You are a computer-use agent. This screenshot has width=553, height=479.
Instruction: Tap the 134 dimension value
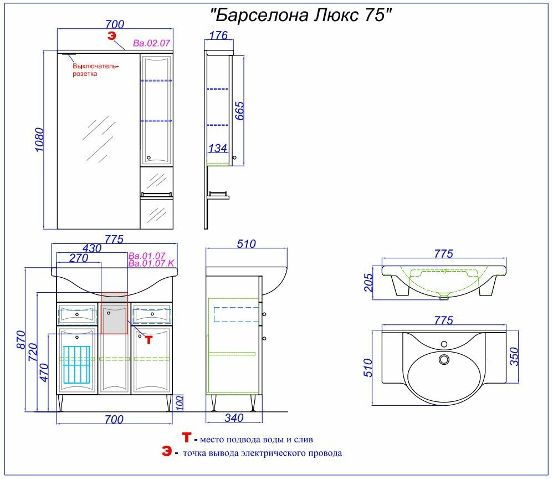tap(217, 148)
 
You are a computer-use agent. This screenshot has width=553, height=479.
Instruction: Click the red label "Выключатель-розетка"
tap(96, 69)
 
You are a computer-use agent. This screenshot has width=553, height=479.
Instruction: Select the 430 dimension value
tap(91, 248)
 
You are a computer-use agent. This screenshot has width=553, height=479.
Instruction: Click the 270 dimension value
tap(80, 258)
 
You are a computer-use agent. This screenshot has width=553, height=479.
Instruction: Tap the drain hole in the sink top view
tap(443, 360)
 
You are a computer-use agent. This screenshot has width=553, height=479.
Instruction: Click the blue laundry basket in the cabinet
tap(76, 364)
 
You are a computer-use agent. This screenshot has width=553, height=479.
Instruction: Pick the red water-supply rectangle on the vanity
tap(115, 313)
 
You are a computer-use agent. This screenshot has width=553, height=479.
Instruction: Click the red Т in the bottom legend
tap(187, 439)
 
